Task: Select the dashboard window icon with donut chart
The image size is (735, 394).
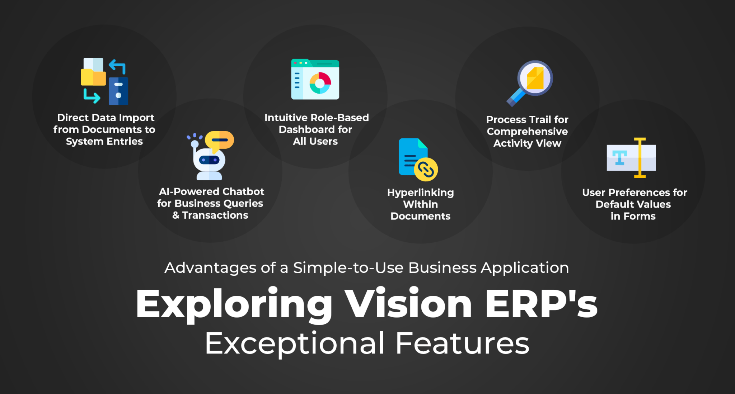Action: (315, 80)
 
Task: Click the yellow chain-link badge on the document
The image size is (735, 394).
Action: (426, 169)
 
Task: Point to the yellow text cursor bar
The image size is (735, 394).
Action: (640, 158)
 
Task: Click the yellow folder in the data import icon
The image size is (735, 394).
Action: (93, 77)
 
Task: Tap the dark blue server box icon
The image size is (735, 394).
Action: (118, 91)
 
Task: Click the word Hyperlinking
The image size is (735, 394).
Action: (420, 193)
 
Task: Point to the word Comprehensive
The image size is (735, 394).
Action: (527, 132)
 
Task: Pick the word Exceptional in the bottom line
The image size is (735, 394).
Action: (295, 343)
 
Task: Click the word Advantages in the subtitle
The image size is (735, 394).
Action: (211, 268)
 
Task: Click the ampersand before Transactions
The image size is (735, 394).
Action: (175, 215)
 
